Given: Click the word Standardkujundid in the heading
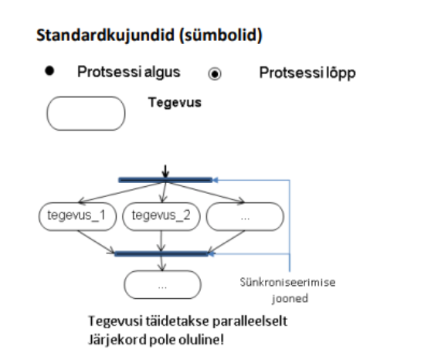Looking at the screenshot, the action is (106, 36).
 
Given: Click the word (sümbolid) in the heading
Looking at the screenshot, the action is (221, 36).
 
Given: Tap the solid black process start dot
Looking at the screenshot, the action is (49, 71).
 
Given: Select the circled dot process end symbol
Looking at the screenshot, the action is (215, 74).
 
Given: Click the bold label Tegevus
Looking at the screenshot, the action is (175, 103).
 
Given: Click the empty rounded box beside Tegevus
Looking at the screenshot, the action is (86, 114).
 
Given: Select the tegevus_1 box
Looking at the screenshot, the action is (77, 216).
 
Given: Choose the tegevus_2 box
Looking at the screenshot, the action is (161, 216).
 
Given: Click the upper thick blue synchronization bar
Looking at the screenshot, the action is (165, 180).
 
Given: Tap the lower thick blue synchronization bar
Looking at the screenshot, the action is (161, 253).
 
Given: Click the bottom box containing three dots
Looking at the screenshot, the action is (162, 284).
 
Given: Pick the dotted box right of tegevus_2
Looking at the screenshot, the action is (245, 216).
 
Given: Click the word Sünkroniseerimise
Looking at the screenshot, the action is (287, 282).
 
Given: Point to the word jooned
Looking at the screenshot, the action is (290, 298).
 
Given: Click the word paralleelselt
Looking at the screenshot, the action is (250, 321).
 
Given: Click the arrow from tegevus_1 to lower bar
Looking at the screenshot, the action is (96, 242).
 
